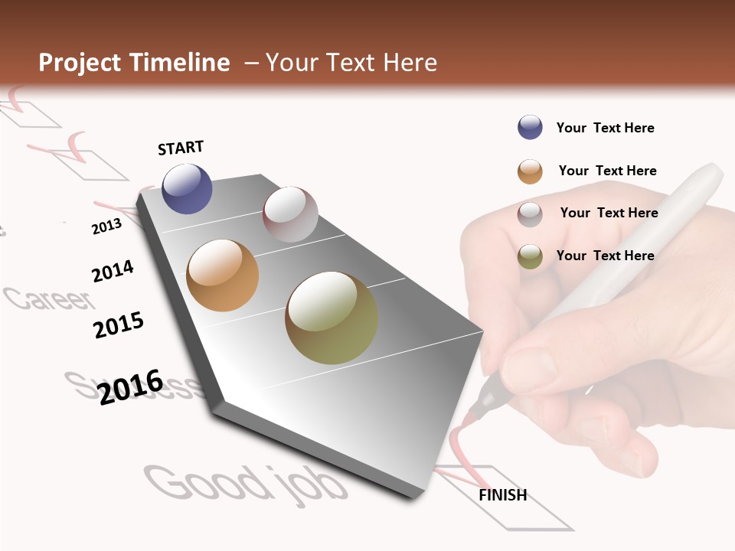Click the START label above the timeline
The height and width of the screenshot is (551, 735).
tap(181, 148)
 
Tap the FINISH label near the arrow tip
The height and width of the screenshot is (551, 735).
tap(502, 495)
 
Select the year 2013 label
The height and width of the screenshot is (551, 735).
tap(106, 227)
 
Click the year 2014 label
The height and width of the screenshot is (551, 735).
tap(113, 271)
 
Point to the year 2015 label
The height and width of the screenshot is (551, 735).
tap(119, 325)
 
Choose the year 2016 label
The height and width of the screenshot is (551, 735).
tap(130, 387)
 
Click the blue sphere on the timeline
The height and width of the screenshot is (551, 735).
tap(187, 188)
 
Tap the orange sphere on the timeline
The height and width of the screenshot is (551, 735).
tap(222, 275)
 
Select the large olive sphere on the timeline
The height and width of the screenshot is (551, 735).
tap(332, 318)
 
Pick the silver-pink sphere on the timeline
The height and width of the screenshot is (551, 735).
tap(290, 214)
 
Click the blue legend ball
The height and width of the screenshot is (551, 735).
tap(530, 128)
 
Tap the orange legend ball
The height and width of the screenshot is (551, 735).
tap(530, 171)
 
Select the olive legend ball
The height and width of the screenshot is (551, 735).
tap(530, 256)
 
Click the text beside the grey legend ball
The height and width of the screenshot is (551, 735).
tap(609, 213)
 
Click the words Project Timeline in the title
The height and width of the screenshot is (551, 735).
tap(134, 63)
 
